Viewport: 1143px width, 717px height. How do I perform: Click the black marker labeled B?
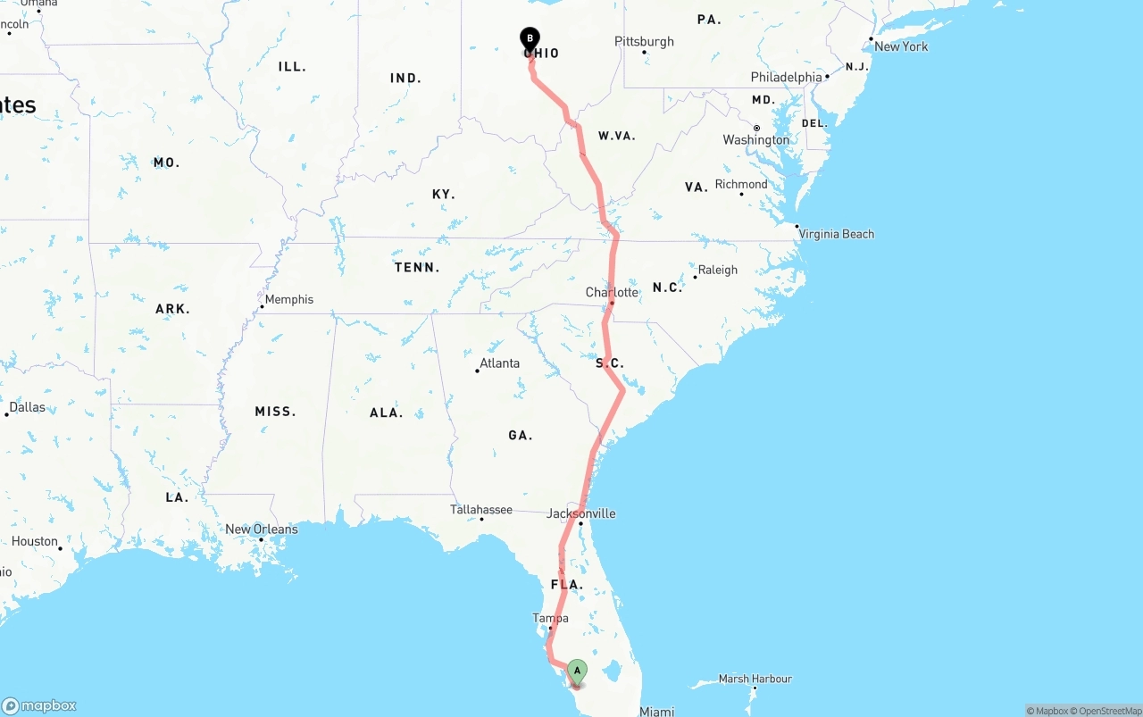(530, 39)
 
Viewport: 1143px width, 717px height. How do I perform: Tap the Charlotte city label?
(612, 292)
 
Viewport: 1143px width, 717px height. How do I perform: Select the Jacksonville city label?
(581, 513)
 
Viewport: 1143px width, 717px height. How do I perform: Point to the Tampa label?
(550, 618)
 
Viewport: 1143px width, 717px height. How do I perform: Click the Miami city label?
(656, 712)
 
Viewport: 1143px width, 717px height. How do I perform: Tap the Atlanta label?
(499, 363)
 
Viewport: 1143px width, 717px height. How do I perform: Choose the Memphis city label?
(289, 299)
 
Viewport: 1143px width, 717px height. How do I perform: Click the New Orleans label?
(261, 529)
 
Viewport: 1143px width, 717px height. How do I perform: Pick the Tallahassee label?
(481, 510)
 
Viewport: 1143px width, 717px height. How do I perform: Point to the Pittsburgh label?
(644, 42)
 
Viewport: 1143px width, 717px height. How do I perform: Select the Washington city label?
(756, 139)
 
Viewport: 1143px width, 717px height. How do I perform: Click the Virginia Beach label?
(837, 234)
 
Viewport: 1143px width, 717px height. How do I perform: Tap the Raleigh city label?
(718, 270)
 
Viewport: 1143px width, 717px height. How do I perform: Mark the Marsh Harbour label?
(755, 679)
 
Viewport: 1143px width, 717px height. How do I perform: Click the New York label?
(901, 46)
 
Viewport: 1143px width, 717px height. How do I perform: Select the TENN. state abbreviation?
(417, 267)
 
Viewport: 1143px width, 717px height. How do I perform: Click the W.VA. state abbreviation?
(616, 136)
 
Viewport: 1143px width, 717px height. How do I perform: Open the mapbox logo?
(39, 705)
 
